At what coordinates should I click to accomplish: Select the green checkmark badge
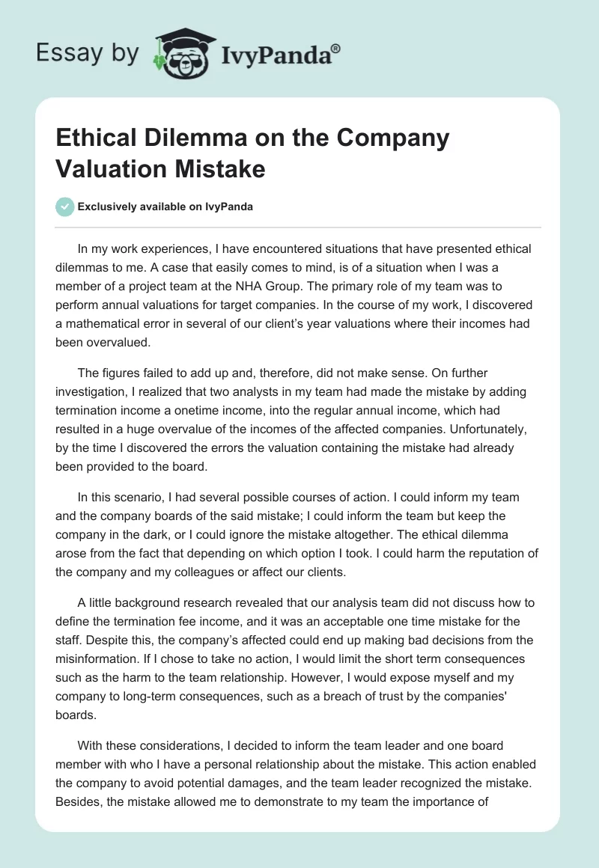tap(66, 207)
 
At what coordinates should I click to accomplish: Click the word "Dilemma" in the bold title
tap(189, 138)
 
